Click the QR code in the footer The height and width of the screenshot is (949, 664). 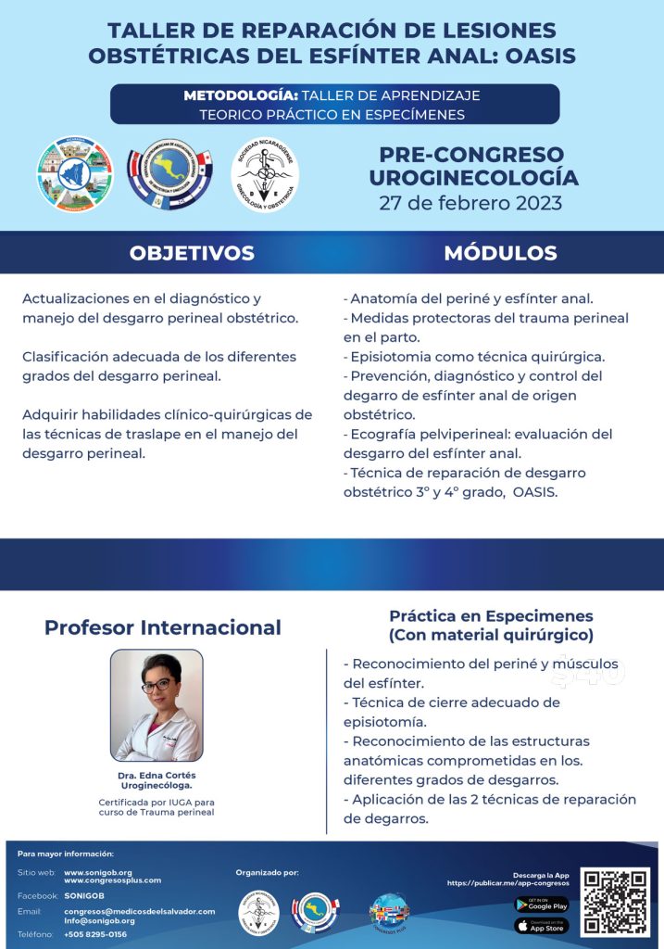coord(615,902)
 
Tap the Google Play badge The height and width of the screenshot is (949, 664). coord(541,905)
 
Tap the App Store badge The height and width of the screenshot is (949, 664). coord(541,926)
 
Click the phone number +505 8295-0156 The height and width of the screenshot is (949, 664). coord(95,934)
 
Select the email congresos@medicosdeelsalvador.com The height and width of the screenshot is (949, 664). coord(140,911)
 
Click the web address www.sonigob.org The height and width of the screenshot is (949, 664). coord(98,872)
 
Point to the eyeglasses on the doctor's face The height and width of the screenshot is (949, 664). coord(157,687)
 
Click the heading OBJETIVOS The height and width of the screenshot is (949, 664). coord(192,253)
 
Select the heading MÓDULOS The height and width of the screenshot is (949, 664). coord(500,253)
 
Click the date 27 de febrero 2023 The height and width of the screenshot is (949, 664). coord(470,202)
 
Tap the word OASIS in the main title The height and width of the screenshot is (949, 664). coord(536,56)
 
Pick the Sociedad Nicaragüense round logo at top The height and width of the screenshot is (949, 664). coord(264,174)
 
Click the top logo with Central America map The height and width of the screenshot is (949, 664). coord(169,174)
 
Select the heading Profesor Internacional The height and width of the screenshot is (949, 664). coord(163,627)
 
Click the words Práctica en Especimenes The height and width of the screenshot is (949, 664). coord(491,615)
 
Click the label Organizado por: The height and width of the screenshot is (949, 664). coord(268,872)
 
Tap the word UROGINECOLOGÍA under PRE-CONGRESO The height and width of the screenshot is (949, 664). coord(473,177)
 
